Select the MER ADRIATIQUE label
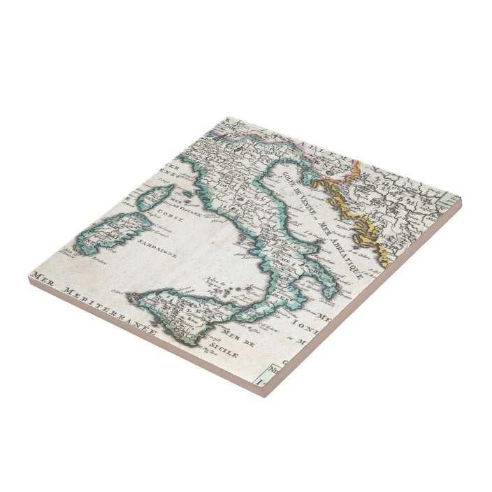[340, 247]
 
